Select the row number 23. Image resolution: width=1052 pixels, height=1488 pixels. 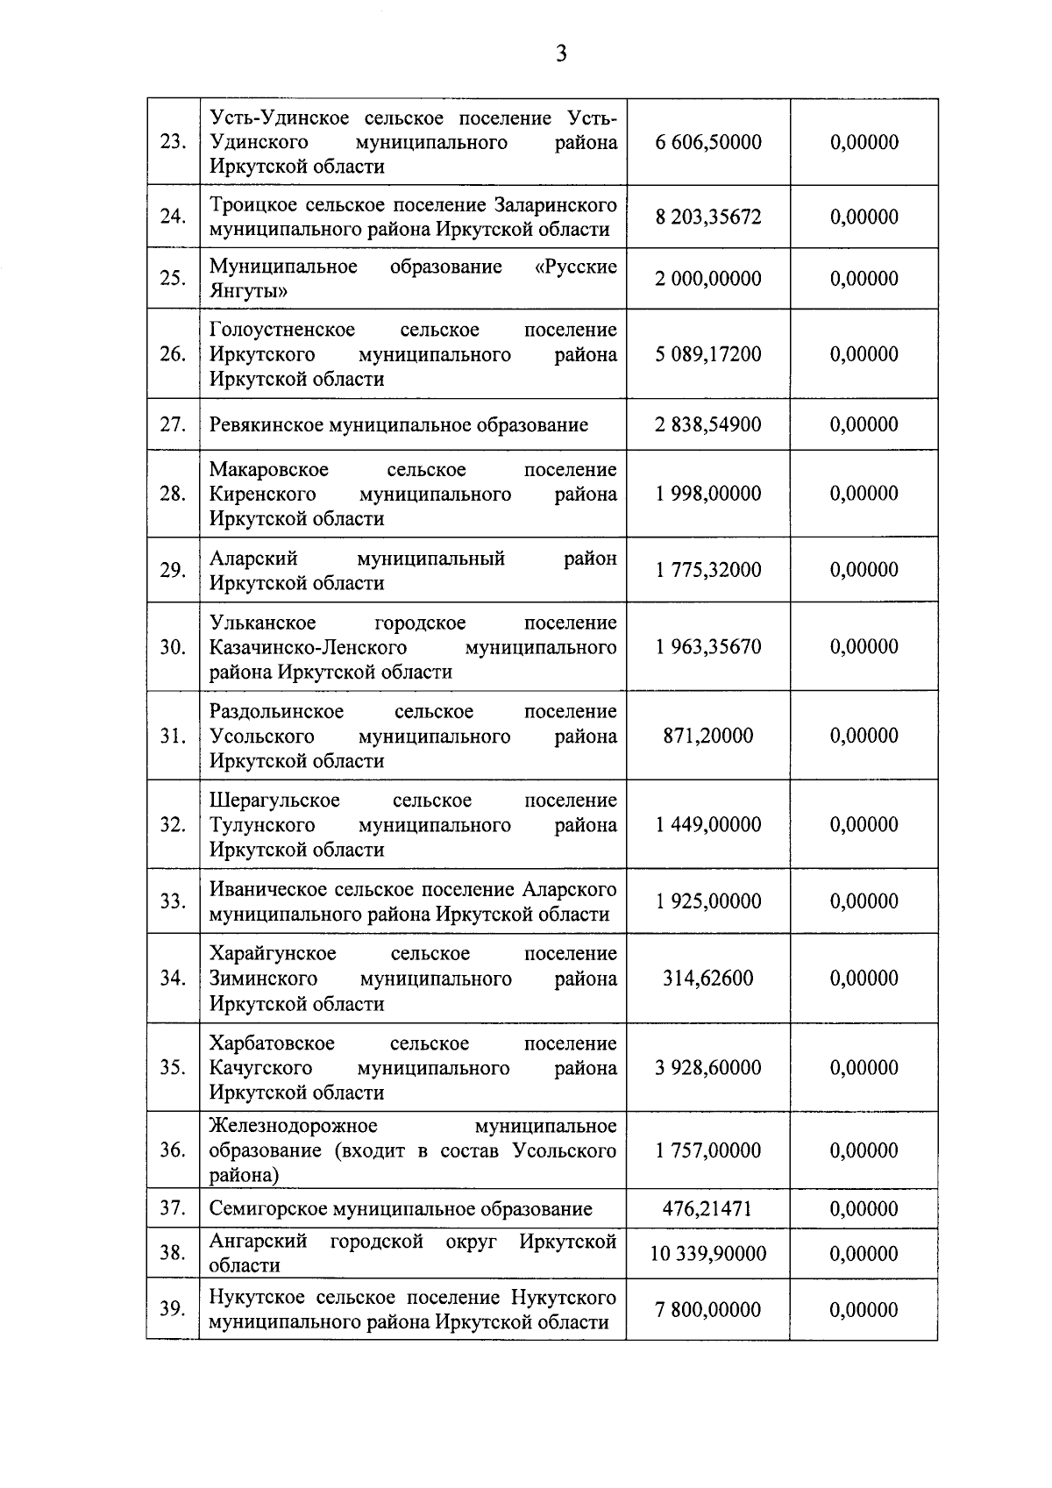[x=173, y=142]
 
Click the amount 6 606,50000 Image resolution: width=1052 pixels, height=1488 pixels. [x=708, y=142]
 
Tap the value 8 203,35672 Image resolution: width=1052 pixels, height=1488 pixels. [x=708, y=217]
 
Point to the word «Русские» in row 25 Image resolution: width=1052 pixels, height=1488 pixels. [x=576, y=267]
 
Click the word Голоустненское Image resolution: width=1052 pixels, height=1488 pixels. [x=282, y=330]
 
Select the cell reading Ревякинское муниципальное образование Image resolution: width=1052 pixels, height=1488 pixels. [x=399, y=425]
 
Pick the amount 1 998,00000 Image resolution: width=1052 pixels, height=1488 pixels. [x=708, y=494]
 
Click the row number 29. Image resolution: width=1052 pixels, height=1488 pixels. [x=173, y=570]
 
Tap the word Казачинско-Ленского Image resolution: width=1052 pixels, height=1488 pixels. [x=308, y=647]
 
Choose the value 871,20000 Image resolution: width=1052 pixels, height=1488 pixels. [x=708, y=736]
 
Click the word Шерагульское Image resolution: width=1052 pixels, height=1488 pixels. [x=274, y=801]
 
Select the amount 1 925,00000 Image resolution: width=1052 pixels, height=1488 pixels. [x=708, y=901]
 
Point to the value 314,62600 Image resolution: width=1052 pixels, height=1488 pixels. [x=708, y=979]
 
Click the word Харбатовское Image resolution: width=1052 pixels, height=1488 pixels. [x=272, y=1043]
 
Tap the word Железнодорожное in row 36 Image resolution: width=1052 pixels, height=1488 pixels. [x=294, y=1126]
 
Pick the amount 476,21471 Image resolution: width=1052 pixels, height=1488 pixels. [x=708, y=1209]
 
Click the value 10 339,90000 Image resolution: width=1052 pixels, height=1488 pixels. [x=708, y=1254]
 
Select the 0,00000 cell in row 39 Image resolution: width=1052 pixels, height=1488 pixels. [x=864, y=1310]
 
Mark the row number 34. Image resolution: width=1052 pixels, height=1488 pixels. [x=173, y=979]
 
